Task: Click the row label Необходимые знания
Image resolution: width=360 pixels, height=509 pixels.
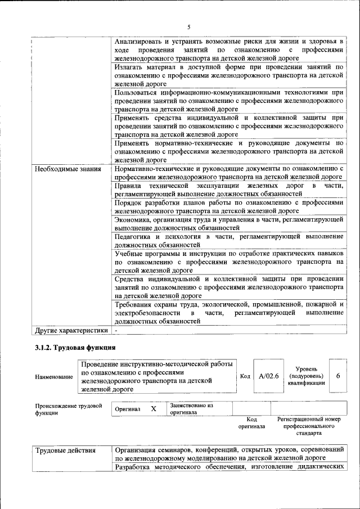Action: (67, 169)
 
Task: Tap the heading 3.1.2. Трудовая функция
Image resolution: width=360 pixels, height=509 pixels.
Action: (75, 348)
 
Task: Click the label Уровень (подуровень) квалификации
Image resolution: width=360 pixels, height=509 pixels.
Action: (306, 375)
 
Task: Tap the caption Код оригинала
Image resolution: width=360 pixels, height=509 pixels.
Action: (251, 423)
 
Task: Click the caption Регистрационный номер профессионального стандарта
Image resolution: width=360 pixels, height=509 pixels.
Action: (309, 427)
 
